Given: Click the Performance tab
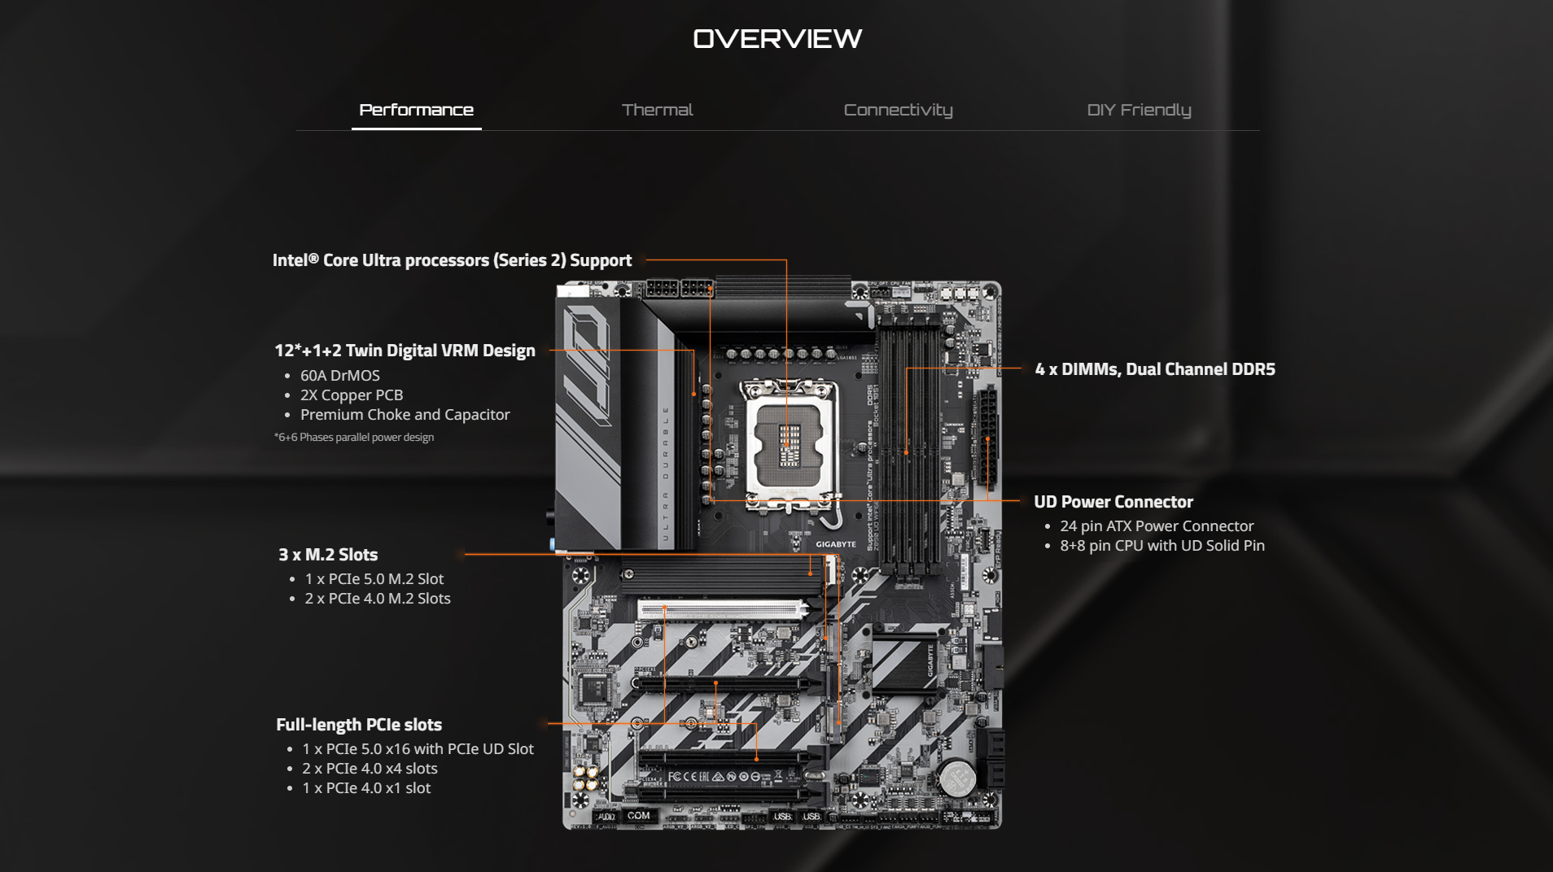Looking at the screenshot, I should click(x=416, y=110).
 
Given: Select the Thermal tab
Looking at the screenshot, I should click(x=657, y=110).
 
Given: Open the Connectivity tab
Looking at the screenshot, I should click(x=898, y=110).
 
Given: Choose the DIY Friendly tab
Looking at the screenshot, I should click(x=1139, y=110).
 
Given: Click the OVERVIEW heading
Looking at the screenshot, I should click(x=777, y=38).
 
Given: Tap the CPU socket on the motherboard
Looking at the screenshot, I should click(x=788, y=445).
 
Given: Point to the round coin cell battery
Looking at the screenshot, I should click(x=957, y=778).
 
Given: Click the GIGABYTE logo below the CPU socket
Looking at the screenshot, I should click(x=835, y=544).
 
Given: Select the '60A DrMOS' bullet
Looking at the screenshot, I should click(x=339, y=376).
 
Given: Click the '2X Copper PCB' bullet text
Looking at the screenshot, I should click(x=352, y=395).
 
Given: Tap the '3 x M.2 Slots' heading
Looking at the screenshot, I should click(x=328, y=555).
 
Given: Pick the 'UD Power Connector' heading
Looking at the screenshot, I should click(x=1113, y=502).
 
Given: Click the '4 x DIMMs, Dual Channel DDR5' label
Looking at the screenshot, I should click(x=1154, y=369).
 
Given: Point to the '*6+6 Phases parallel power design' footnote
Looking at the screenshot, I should click(x=354, y=438).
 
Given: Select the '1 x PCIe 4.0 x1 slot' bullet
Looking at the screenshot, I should click(x=366, y=788).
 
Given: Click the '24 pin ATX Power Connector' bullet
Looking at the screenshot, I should click(x=1156, y=526).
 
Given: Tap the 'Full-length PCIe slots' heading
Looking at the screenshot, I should click(x=359, y=725).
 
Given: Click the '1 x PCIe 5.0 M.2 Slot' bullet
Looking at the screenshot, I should click(x=374, y=579).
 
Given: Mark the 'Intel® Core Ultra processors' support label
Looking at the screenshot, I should click(x=452, y=260).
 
